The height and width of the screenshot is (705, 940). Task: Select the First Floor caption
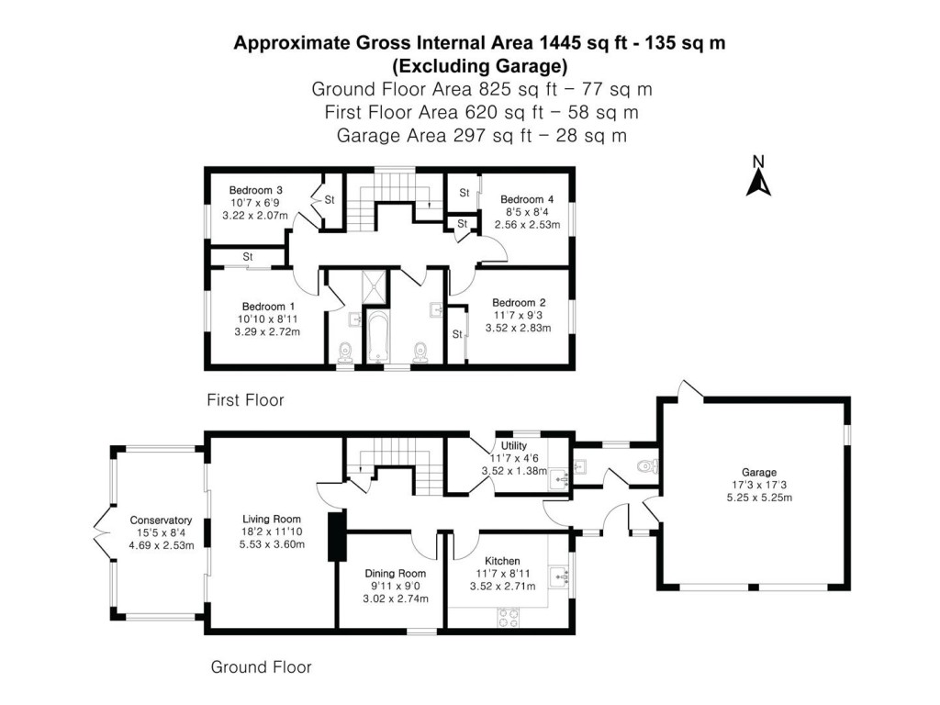click(x=245, y=400)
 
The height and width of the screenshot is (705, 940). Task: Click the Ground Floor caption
click(x=262, y=667)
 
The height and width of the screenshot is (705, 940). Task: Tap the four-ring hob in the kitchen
click(x=508, y=617)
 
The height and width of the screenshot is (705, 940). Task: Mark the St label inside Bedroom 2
click(x=456, y=334)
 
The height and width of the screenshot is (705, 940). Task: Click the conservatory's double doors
click(x=101, y=532)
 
